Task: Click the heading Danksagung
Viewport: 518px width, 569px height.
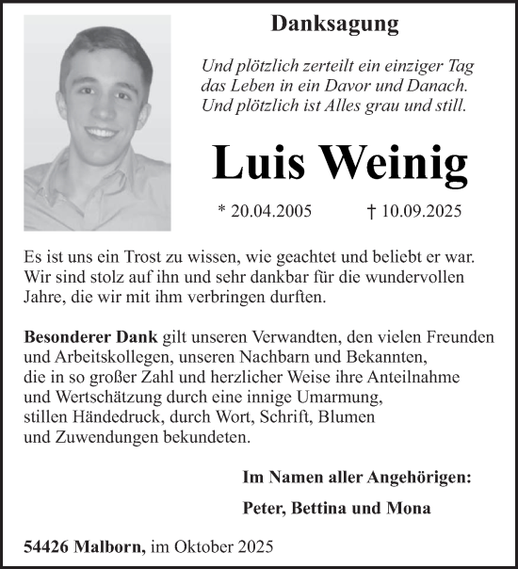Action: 334,24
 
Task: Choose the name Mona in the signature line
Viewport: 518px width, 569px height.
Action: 411,509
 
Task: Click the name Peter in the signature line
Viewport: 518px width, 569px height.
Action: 263,509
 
